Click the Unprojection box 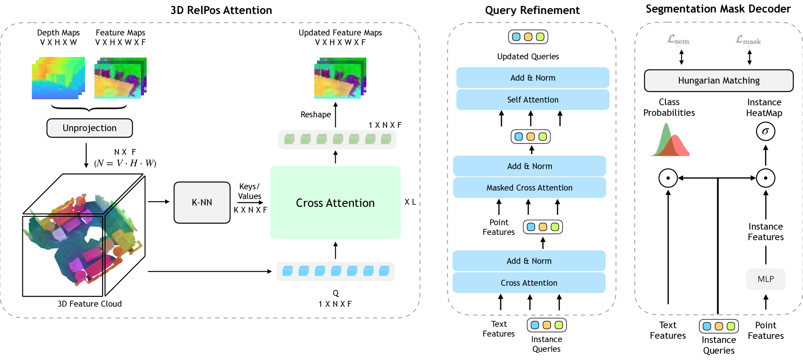tap(89, 128)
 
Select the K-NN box tap(202, 203)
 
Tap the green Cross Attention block tap(335, 203)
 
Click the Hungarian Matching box tap(719, 81)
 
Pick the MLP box tap(765, 279)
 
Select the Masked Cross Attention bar tap(529, 188)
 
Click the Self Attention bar tap(533, 100)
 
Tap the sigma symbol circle tap(765, 131)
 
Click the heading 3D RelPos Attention tap(221, 10)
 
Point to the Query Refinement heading tap(532, 10)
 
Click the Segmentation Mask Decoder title tap(718, 9)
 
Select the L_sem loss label tap(678, 40)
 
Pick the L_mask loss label tap(748, 40)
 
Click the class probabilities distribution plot tap(669, 141)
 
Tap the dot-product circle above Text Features tap(668, 178)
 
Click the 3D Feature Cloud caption tap(89, 304)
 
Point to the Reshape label tap(316, 114)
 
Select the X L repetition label tap(410, 202)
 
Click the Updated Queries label tap(528, 57)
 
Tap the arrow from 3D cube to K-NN tap(158, 202)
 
